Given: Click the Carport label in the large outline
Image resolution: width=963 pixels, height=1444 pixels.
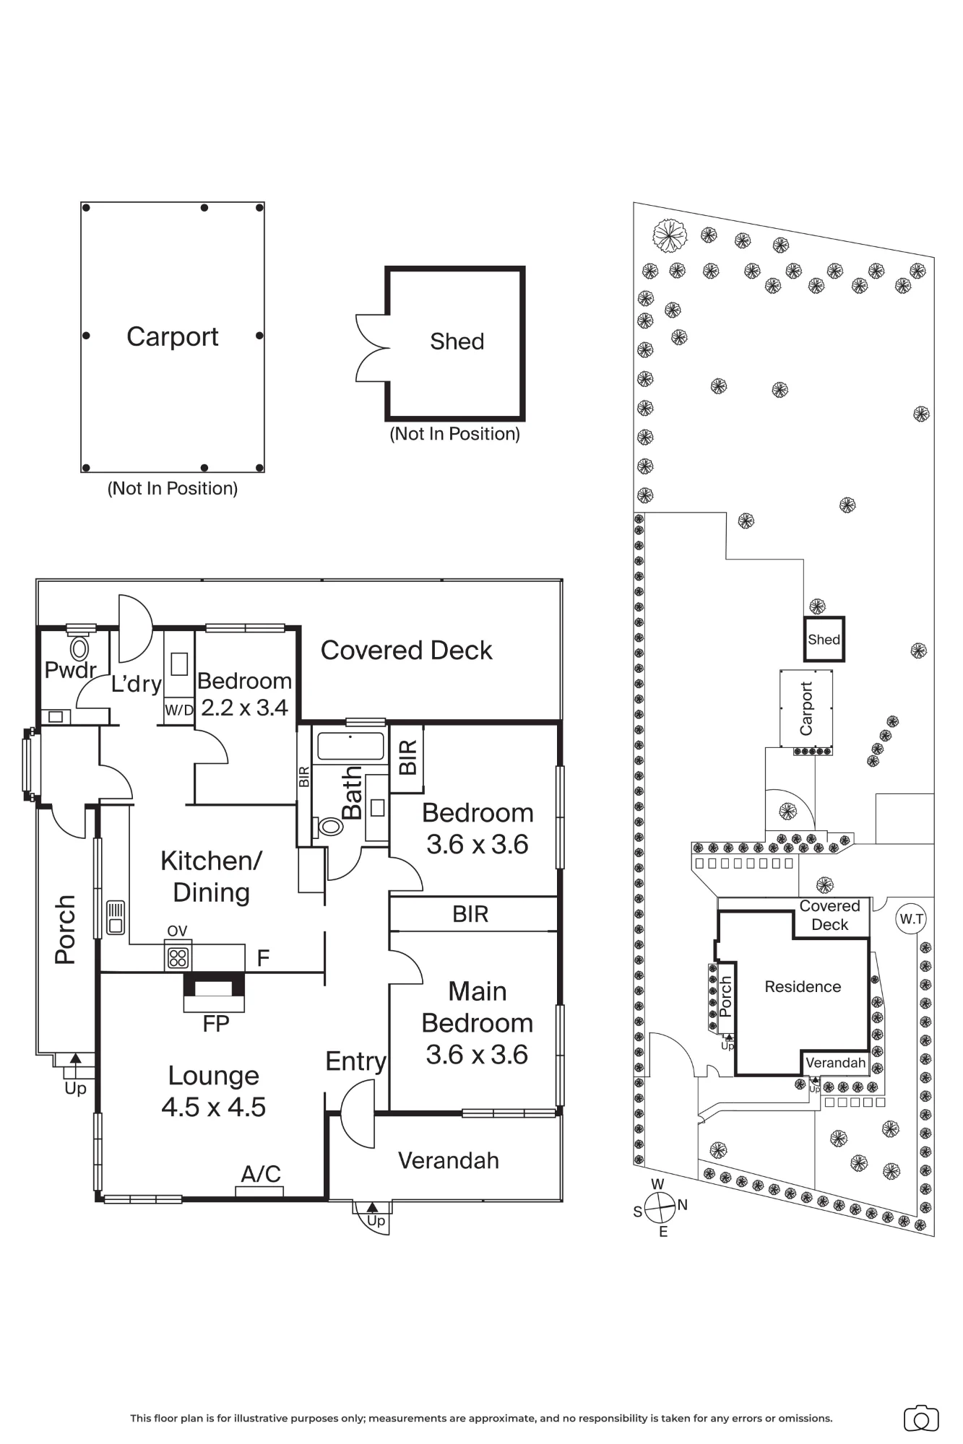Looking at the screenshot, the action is [x=172, y=337].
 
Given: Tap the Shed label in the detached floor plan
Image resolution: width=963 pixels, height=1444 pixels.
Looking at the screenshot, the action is [x=457, y=342].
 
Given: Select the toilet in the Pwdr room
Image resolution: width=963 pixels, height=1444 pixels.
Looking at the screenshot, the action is [x=79, y=647].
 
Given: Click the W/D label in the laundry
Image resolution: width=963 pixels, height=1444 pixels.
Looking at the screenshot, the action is [x=178, y=710].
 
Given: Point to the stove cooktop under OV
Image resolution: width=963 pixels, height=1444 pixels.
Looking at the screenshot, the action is [x=178, y=957].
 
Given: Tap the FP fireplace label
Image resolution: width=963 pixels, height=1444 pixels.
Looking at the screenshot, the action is [x=215, y=1023].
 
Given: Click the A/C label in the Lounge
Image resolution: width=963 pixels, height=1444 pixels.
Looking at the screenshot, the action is [x=260, y=1174].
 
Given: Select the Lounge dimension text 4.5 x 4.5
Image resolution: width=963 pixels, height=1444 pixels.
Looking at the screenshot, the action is [x=213, y=1108].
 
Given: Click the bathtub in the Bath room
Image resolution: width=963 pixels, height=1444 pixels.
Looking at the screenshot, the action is [x=350, y=747].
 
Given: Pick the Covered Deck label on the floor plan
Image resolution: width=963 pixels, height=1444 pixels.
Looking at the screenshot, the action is [x=406, y=651].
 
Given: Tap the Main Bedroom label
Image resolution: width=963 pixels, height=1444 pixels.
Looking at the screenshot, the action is [x=477, y=1007].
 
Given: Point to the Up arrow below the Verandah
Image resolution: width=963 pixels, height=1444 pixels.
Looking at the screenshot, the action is [x=372, y=1206].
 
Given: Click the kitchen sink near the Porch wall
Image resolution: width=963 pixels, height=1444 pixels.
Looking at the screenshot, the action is [x=116, y=917].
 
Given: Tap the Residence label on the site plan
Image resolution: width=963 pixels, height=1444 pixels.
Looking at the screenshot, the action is [x=803, y=987].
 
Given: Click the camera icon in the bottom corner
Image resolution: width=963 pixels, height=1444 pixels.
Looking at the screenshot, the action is [x=921, y=1418].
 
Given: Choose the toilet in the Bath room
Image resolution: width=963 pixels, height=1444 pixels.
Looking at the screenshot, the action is [x=330, y=826].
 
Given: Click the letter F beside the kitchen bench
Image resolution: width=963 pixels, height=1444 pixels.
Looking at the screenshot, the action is [x=263, y=958].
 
